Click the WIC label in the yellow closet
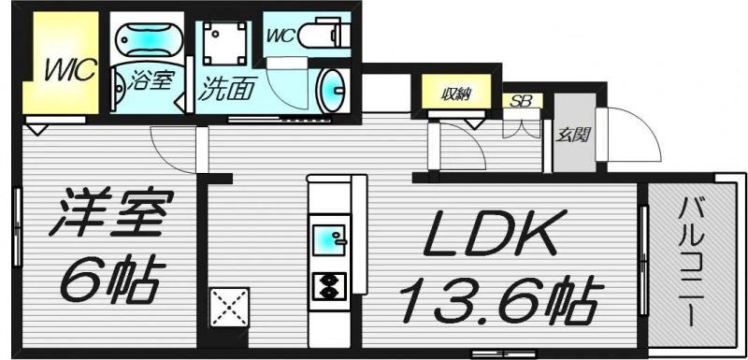pyautogui.click(x=71, y=70)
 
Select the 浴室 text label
pyautogui.click(x=150, y=81)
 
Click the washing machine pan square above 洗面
pyautogui.click(x=224, y=43)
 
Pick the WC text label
pyautogui.click(x=281, y=36)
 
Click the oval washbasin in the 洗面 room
pyautogui.click(x=332, y=91)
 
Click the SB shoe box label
pyautogui.click(x=522, y=101)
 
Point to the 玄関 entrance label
pyautogui.click(x=574, y=136)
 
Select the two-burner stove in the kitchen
pyautogui.click(x=329, y=285)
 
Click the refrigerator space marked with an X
pyautogui.click(x=229, y=307)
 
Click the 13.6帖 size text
pyautogui.click(x=501, y=298)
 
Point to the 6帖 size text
pyautogui.click(x=108, y=281)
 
